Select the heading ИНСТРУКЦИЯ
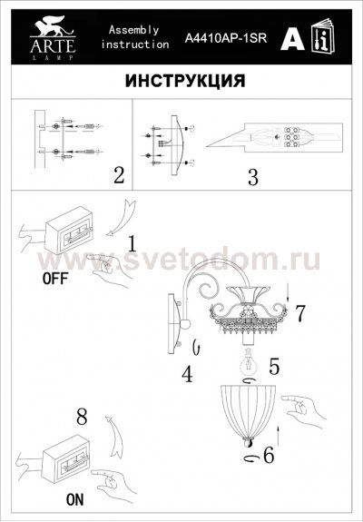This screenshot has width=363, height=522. (x=182, y=80)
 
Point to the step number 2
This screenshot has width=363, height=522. (x=118, y=174)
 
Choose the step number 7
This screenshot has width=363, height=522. (x=299, y=311)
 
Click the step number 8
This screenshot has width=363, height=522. (x=81, y=419)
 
